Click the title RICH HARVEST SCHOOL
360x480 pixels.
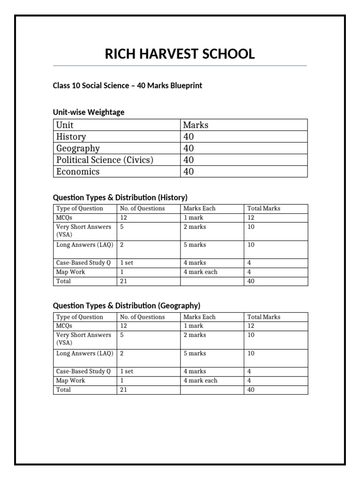[180, 54]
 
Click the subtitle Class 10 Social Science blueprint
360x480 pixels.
[127, 86]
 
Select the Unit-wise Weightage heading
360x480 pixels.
[88, 112]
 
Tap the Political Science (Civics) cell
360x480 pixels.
[105, 160]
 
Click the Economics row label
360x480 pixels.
[78, 172]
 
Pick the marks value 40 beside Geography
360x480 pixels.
[188, 148]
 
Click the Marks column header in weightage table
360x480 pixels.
[195, 125]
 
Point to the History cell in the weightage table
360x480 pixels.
[71, 136]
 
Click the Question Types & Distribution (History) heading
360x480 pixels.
[120, 197]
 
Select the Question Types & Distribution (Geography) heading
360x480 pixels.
[126, 306]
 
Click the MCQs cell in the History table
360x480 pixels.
[64, 217]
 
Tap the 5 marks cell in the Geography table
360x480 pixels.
[195, 353]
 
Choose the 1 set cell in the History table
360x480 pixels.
[127, 263]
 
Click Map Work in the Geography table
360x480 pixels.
[71, 381]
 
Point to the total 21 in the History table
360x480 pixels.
[124, 281]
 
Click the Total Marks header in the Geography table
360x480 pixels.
[263, 317]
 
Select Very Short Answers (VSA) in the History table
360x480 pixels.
[83, 231]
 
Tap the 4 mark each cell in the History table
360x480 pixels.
[200, 272]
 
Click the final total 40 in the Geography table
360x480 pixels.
[251, 390]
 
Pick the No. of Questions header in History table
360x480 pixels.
[142, 209]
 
